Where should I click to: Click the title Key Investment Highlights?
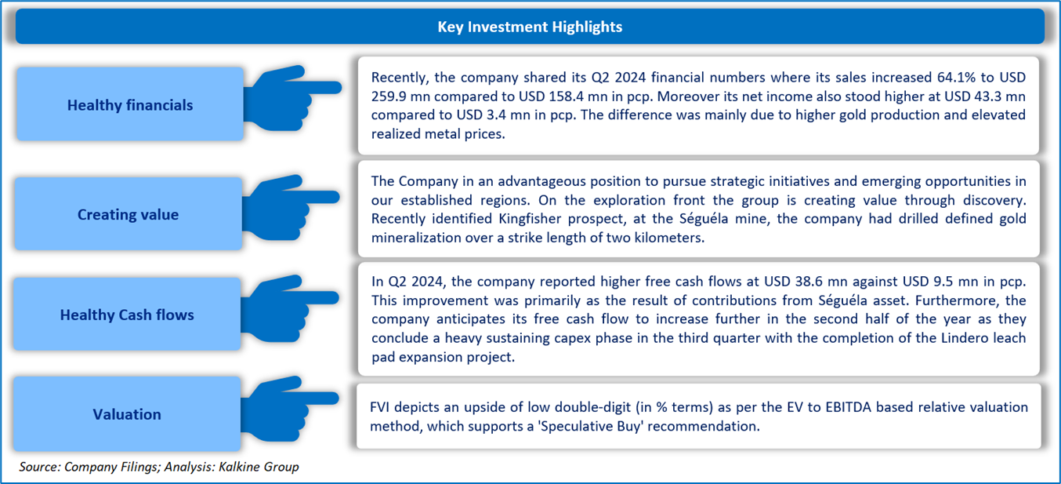[530, 27]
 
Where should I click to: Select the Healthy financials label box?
[130, 104]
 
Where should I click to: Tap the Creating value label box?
[129, 214]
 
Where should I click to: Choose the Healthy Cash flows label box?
[127, 314]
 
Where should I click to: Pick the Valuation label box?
[127, 414]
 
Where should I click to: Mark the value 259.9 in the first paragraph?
[389, 96]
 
